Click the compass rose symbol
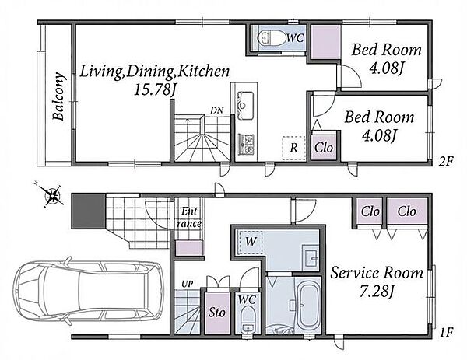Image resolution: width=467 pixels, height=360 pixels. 53,195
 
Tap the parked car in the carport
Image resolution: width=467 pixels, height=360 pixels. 89,291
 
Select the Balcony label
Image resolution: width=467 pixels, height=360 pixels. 58,96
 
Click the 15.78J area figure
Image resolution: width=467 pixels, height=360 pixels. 154,89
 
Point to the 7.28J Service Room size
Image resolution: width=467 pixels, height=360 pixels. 377,292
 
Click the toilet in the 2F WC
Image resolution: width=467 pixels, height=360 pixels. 271,38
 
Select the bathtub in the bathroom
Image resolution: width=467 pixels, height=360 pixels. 308,306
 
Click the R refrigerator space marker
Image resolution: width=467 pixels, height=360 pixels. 293,148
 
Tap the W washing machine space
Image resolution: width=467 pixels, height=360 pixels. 250,242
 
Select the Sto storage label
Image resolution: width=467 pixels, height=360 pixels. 216,313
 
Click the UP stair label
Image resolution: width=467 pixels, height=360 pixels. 188,284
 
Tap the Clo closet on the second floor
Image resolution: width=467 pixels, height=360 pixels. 324,147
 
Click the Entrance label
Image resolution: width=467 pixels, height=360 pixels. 189,218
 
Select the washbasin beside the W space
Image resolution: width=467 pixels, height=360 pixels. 311,257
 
